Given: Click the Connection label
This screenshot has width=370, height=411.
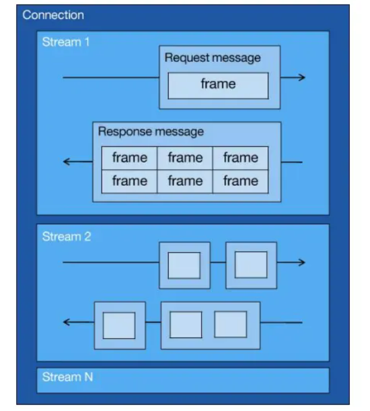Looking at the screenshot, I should point(53,15).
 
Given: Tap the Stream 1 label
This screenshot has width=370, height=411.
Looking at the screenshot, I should point(66,42).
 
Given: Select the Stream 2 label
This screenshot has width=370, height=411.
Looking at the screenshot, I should point(67,236).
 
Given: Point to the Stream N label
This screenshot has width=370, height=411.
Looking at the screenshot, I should point(67,377).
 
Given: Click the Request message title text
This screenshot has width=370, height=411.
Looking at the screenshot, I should point(212,58).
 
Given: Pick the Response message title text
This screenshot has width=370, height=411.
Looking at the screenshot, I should point(151,131).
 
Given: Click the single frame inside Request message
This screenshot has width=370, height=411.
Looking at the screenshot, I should point(218,85).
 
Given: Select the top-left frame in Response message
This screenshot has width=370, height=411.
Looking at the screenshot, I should point(130,158).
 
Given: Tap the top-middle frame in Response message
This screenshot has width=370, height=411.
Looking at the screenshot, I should point(185,158).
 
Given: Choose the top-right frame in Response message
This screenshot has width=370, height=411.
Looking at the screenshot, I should point(240,158).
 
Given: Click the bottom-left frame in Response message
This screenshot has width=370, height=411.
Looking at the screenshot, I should point(130,181).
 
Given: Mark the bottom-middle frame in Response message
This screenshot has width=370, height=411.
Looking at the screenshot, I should point(185,181).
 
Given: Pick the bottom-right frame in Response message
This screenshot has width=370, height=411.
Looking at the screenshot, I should point(240,181).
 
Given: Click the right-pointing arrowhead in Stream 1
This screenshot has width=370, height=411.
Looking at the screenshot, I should point(302,77).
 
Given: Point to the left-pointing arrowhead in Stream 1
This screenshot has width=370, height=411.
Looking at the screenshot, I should point(67,162).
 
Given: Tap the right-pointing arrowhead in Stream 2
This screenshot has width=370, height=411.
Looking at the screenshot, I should point(302,263).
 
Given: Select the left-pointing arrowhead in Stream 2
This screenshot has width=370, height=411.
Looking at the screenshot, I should point(67,322).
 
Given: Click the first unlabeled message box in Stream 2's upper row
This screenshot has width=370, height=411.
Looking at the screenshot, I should point(184,265).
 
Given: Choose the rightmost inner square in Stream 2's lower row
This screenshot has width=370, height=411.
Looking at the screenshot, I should point(230,324).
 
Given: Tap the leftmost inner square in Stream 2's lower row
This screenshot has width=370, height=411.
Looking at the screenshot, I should point(119,325).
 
